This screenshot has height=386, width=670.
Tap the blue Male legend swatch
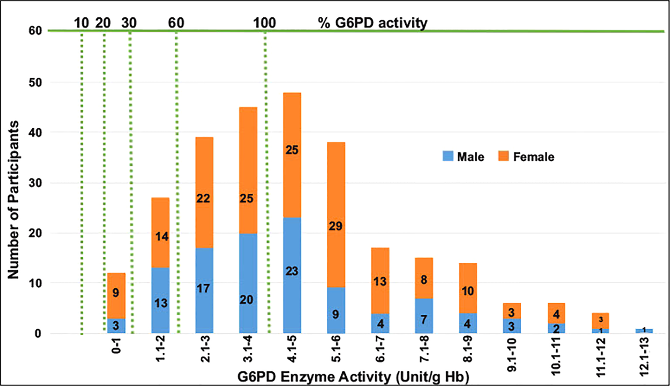point(448,156)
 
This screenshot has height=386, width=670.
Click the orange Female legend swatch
point(503,156)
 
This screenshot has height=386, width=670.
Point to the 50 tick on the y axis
point(35,83)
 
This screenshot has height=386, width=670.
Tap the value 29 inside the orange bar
point(335,226)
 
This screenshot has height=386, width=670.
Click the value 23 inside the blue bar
point(292,271)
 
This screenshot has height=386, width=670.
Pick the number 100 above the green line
point(264,23)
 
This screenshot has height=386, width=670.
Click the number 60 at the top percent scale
point(176,23)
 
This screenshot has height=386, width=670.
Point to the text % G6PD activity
point(373,23)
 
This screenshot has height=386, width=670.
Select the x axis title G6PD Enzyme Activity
point(353,377)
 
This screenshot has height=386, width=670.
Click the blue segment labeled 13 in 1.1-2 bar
point(161,303)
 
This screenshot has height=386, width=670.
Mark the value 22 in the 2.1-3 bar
point(203,198)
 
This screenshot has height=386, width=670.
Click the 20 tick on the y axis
point(35,233)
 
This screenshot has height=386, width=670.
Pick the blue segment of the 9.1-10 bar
point(512,326)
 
